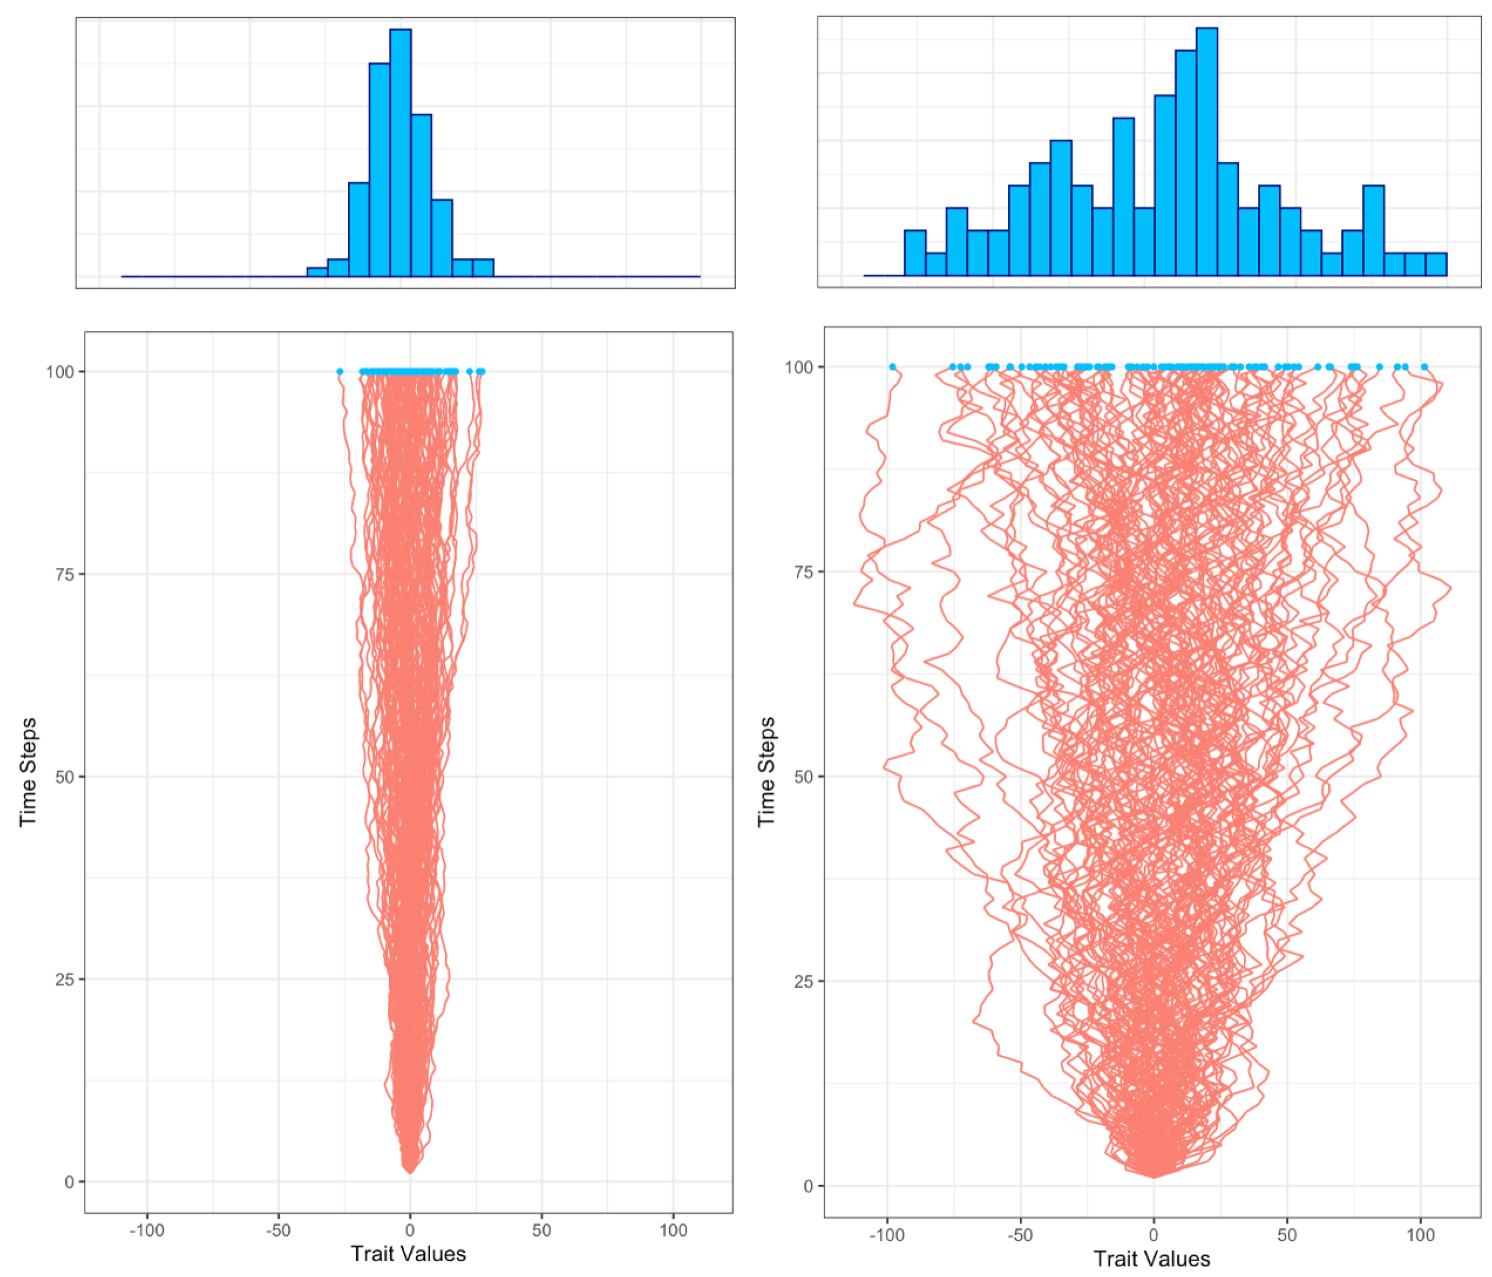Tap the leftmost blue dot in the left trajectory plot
[x=340, y=371]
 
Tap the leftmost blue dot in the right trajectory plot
[x=892, y=366]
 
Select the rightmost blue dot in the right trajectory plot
[x=1424, y=366]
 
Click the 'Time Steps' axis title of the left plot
[x=28, y=772]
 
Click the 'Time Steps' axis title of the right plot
[x=767, y=772]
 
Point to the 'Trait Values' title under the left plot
[x=408, y=1254]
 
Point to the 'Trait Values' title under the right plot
[x=1152, y=1258]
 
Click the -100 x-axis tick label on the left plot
[x=147, y=1230]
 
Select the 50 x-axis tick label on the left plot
[x=541, y=1230]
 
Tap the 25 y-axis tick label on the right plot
[x=803, y=981]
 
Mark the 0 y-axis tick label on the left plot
[x=70, y=1182]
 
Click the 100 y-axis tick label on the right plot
[x=799, y=366]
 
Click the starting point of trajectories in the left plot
[x=410, y=1172]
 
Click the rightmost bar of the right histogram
[x=1436, y=265]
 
